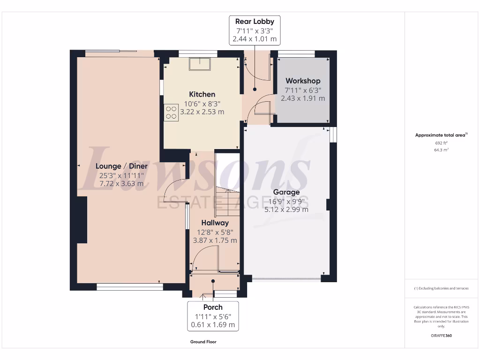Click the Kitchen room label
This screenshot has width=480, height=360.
(x=202, y=94)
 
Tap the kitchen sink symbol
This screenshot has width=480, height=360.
(x=201, y=63)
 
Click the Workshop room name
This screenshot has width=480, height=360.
(x=303, y=81)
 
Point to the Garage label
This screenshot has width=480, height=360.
(x=286, y=192)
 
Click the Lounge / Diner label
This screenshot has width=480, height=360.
(x=121, y=166)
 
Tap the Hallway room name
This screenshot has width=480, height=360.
(x=215, y=223)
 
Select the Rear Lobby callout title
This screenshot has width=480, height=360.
(x=255, y=22)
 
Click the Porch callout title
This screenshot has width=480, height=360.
(x=213, y=307)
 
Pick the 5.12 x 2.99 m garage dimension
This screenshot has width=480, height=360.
(x=286, y=210)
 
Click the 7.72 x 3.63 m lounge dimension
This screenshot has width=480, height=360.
(x=121, y=184)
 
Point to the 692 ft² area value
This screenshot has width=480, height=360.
(x=441, y=142)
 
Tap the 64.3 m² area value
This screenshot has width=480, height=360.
(x=441, y=150)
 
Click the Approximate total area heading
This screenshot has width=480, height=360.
(x=441, y=135)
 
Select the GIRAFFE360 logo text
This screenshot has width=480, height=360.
(x=441, y=336)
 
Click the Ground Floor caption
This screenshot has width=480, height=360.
(x=203, y=342)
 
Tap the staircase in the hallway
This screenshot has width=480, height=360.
(x=227, y=197)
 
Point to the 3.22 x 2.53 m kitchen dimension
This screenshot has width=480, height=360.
(x=202, y=112)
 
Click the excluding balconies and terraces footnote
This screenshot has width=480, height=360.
(x=441, y=288)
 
